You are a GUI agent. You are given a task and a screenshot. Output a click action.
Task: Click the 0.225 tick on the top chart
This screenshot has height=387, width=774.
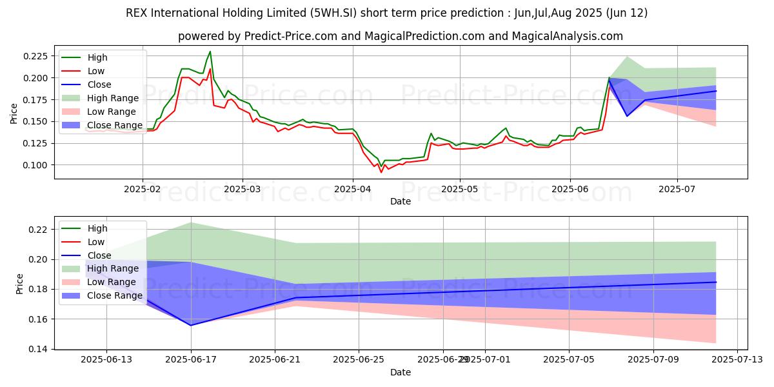tap(35, 56)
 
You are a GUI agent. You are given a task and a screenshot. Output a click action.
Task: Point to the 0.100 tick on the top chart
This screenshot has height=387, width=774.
tap(35, 165)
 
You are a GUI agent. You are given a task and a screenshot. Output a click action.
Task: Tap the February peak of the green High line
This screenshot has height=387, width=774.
tap(210, 52)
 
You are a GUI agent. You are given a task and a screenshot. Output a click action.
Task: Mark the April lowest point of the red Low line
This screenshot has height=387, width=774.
tap(381, 172)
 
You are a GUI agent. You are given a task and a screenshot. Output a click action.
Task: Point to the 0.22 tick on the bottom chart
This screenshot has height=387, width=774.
tap(38, 230)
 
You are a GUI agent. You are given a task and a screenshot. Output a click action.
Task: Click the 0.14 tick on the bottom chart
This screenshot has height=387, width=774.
tap(38, 349)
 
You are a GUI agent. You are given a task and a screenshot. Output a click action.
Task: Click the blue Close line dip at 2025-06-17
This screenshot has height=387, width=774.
tap(191, 325)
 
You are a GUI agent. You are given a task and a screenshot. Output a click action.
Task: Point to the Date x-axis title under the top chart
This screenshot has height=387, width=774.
tap(400, 202)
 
